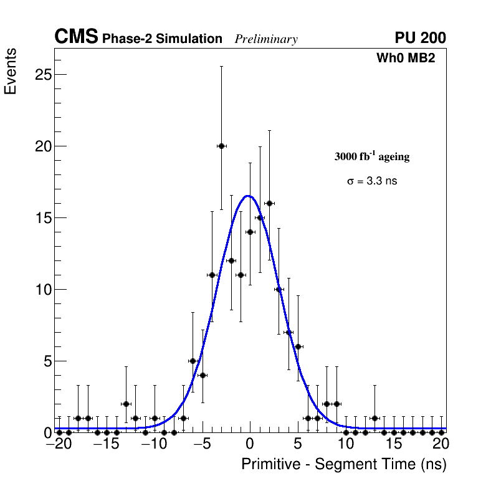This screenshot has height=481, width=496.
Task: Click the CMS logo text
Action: tap(76, 37)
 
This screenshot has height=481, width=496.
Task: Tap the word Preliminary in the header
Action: tap(266, 39)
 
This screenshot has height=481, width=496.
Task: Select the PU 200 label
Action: tap(420, 38)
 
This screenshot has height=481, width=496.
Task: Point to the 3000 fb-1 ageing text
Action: tap(372, 157)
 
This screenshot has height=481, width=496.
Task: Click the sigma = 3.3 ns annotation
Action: tap(372, 181)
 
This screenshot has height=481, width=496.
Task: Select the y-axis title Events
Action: tap(11, 71)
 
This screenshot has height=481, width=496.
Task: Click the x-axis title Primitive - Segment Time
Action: tap(344, 465)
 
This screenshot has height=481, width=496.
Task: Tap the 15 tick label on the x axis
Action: tap(393, 445)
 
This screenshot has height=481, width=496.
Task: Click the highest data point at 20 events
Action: tap(221, 146)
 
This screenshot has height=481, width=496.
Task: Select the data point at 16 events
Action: tap(269, 203)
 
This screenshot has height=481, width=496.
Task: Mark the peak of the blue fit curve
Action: tap(247, 196)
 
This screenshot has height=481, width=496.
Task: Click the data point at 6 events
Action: tap(298, 346)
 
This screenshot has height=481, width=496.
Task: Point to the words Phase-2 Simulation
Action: tap(162, 39)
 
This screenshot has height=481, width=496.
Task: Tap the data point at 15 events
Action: tap(260, 217)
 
